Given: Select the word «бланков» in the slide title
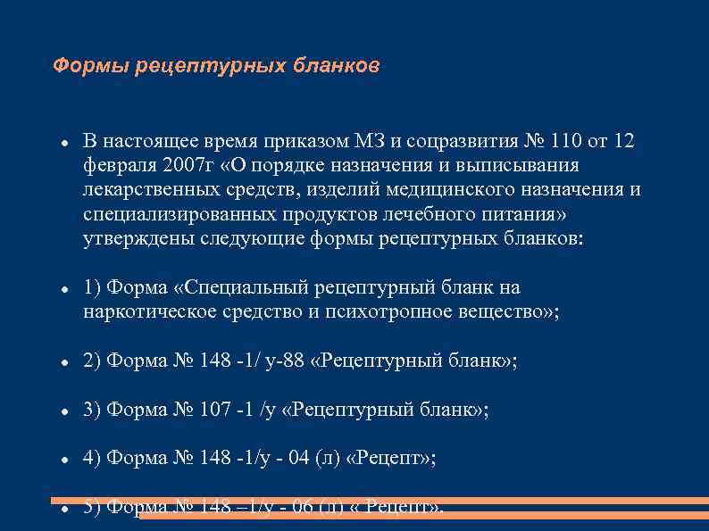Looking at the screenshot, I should tap(340, 66).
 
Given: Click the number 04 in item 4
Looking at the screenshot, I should tap(299, 458).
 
